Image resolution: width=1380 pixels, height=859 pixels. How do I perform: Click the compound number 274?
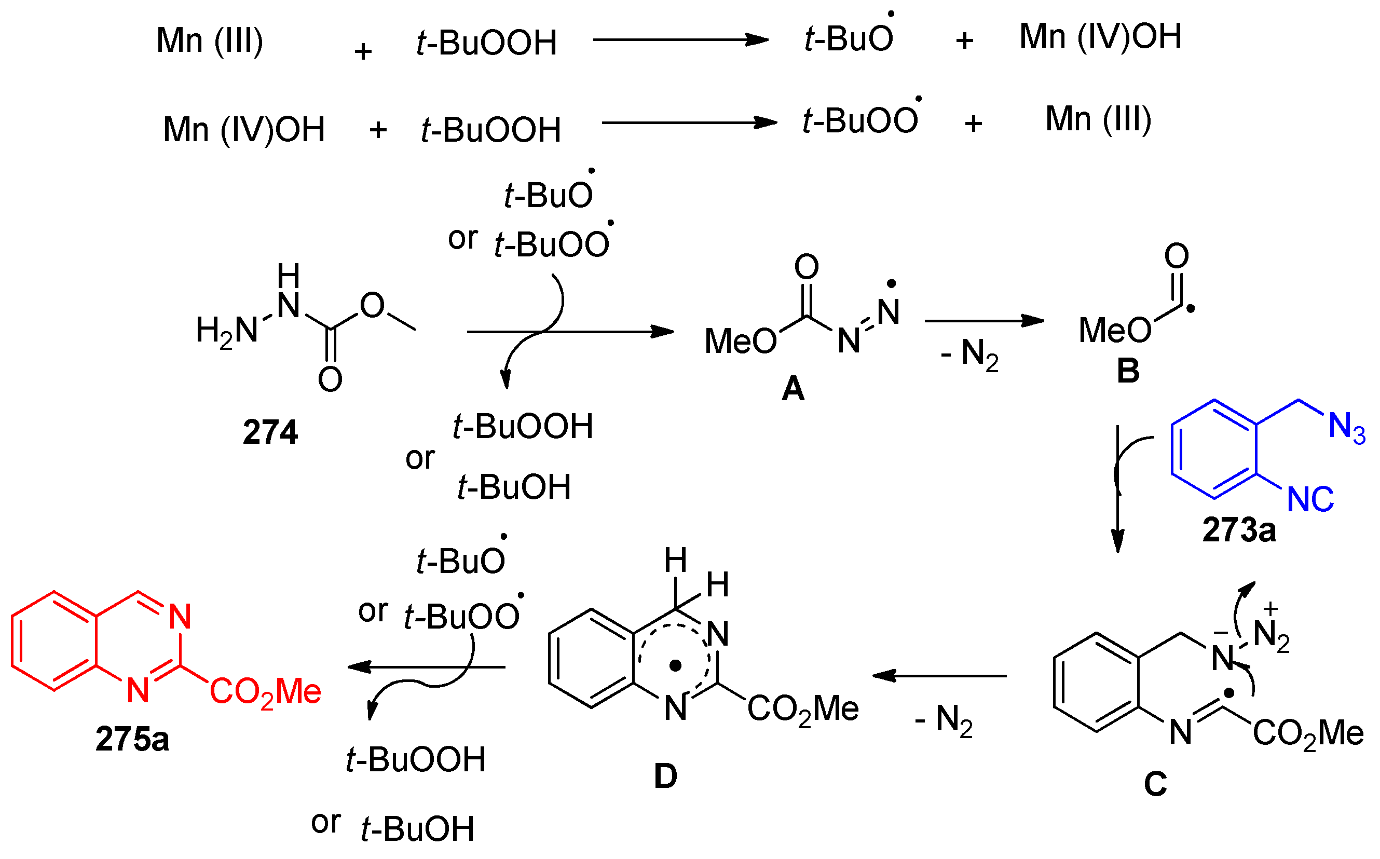click(270, 432)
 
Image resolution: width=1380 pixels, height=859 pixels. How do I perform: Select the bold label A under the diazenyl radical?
click(793, 390)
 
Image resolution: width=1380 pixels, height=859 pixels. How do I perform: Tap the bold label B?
click(1128, 371)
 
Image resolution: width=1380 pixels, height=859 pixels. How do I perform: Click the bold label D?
click(665, 776)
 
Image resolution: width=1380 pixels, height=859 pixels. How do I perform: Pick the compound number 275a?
click(132, 739)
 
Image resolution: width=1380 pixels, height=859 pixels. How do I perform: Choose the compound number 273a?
click(1239, 530)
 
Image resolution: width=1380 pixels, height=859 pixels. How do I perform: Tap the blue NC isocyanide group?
click(1310, 499)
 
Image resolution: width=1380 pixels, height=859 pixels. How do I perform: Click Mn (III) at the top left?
click(210, 41)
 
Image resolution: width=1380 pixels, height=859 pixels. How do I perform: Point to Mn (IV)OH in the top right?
click(1100, 37)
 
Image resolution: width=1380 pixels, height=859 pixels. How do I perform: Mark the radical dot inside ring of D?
click(675, 665)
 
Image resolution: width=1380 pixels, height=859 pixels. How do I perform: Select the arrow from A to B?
click(984, 321)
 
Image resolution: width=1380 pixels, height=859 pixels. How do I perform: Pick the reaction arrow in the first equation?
click(680, 40)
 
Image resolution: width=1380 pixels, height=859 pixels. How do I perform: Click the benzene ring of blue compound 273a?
click(1214, 449)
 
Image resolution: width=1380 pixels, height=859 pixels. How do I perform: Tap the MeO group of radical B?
click(1114, 331)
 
